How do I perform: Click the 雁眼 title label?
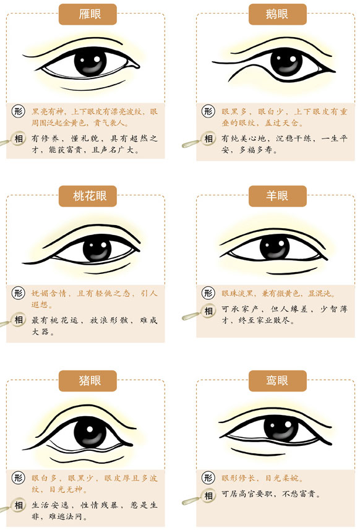(88, 14)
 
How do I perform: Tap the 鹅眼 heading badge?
(278, 14)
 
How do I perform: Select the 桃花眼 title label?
(88, 196)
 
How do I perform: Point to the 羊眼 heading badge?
(278, 196)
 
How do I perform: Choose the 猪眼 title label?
(88, 381)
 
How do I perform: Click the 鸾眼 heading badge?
(278, 381)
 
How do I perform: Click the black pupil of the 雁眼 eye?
(90, 62)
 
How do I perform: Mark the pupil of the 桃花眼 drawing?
(97, 249)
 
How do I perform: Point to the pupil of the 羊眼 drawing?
(275, 247)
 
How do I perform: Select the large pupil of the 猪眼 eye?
(90, 434)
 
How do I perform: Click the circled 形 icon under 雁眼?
(19, 111)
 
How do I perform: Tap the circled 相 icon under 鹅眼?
(208, 139)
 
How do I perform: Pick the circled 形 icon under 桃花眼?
(19, 293)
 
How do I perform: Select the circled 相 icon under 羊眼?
(208, 310)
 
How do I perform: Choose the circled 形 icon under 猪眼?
(19, 478)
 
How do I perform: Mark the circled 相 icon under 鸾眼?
(208, 495)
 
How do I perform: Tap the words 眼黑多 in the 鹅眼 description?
(234, 111)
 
